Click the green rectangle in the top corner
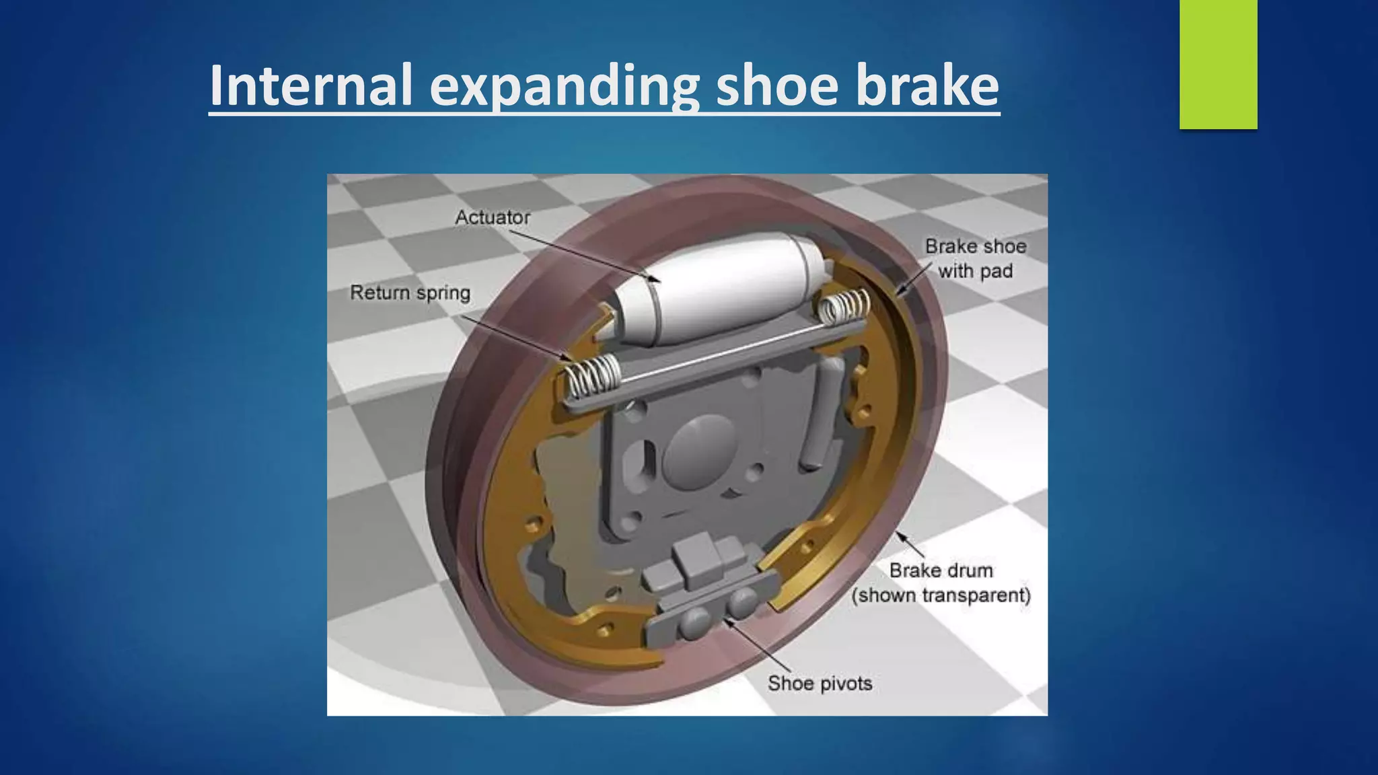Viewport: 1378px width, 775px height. [x=1218, y=64]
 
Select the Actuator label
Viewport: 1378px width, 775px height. [x=493, y=217]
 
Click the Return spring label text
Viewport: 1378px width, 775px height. [x=410, y=293]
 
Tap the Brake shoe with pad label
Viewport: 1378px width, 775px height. [x=975, y=258]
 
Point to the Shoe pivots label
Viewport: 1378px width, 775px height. [x=820, y=684]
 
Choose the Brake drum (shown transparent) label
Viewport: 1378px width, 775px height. [x=941, y=583]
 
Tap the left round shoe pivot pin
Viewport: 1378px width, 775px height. [x=694, y=624]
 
